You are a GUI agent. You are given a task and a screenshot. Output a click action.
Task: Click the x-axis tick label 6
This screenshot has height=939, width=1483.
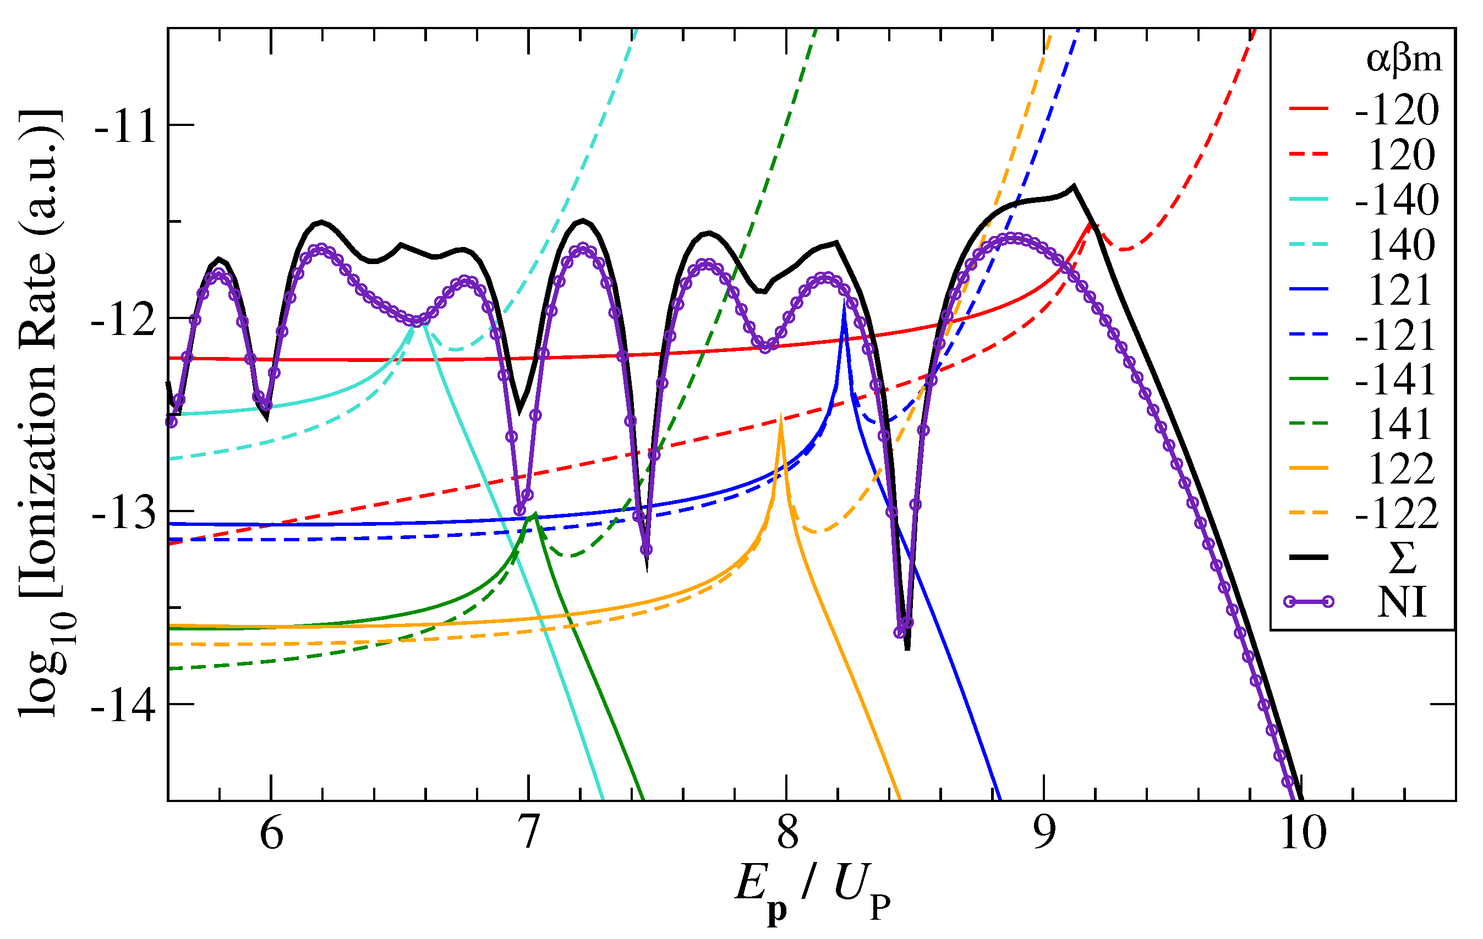(271, 834)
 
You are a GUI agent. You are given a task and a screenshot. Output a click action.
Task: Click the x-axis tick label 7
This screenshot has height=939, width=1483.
(528, 834)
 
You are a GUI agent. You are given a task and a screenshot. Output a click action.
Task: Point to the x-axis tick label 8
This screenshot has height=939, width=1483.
(786, 834)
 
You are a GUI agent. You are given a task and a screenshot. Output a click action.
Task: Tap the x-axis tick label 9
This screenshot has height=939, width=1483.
(1044, 834)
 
